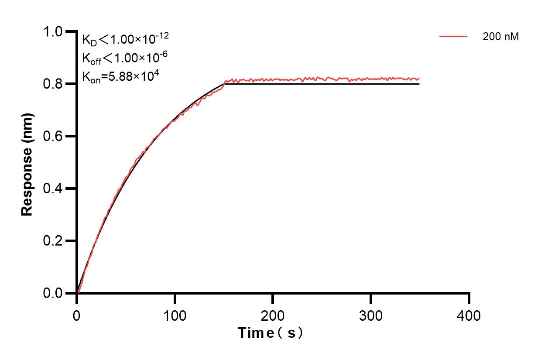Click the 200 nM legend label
pos(500,37)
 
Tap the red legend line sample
pos(453,37)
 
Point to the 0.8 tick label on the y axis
pos(53,84)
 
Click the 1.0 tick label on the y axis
pos(53,31)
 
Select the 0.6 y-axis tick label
pos(53,136)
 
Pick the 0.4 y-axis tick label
pos(53,189)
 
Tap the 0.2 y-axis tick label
pos(53,241)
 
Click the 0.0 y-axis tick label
pos(53,293)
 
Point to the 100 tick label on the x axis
pos(175,315)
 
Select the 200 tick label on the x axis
pos(273,315)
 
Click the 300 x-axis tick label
pos(371,315)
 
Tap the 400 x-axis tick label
pos(469,315)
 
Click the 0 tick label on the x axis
pos(77,315)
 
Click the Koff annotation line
pos(125,58)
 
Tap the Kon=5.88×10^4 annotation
pos(120,76)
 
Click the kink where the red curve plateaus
pos(225,81)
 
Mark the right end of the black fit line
pos(419,84)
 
